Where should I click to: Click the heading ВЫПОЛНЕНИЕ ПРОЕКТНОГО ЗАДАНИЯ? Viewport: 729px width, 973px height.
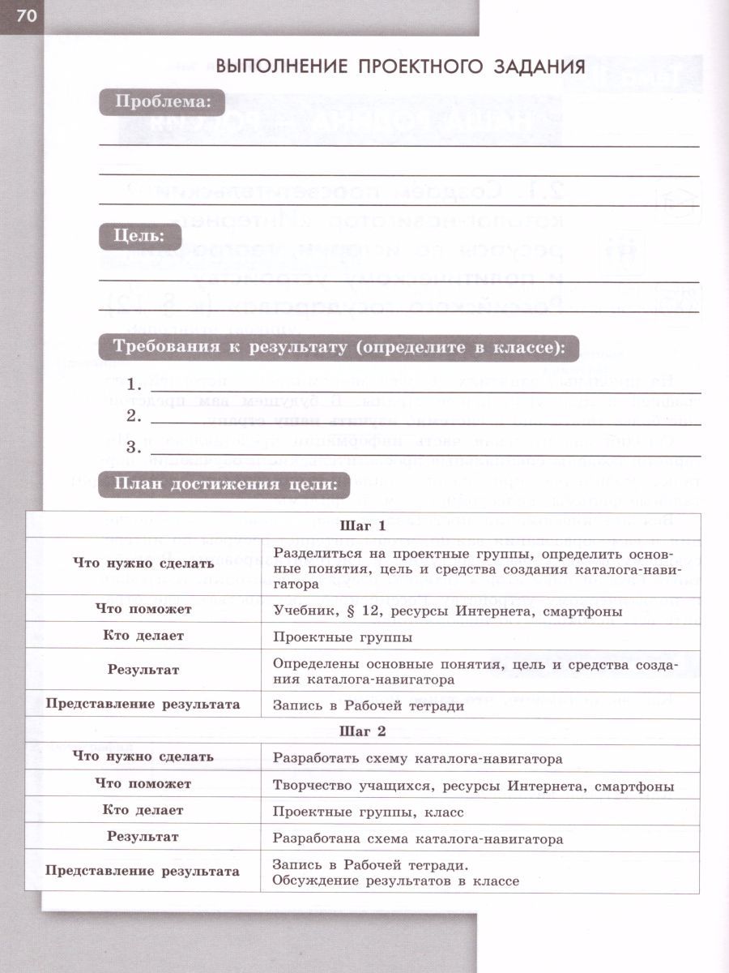pos(400,67)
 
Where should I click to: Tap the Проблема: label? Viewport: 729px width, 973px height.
pos(162,102)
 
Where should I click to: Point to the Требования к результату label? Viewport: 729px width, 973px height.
pos(338,349)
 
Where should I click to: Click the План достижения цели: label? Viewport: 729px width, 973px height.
pos(224,484)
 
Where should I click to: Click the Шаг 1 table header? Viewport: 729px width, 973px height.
pos(361,525)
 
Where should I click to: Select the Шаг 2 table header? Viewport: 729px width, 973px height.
pos(361,731)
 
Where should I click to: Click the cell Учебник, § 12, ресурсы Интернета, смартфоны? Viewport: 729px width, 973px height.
pos(447,610)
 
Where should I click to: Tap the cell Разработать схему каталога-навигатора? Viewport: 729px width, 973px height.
pos(417,759)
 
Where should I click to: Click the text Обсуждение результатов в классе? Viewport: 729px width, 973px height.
pos(395,881)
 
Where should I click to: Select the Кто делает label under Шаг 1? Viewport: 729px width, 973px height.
pos(143,636)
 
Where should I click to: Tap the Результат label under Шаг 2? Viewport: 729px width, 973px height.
pos(143,836)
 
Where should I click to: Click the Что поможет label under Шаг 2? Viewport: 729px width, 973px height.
pos(143,783)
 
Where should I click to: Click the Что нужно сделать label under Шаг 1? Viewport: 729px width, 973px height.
pos(143,563)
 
